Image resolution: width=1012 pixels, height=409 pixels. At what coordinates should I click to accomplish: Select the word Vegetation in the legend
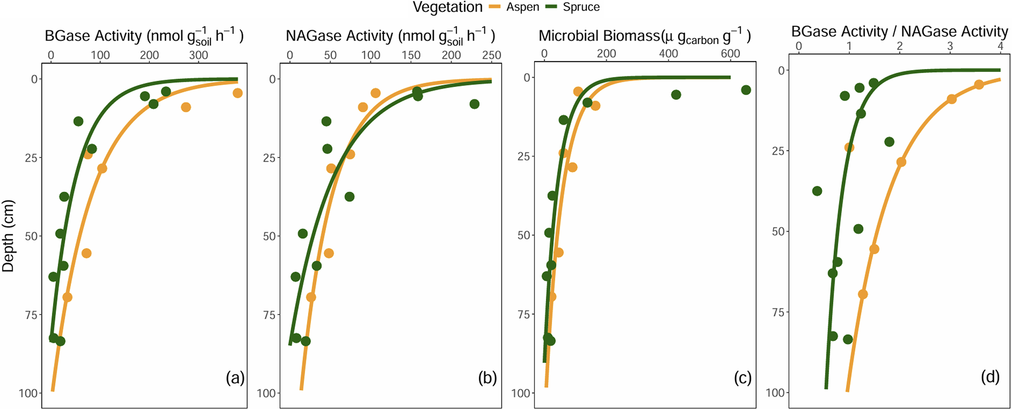coord(447,7)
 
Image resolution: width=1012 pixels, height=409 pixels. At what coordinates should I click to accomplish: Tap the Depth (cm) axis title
coord(8,236)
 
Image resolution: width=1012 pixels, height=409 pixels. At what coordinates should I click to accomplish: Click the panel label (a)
coord(235,378)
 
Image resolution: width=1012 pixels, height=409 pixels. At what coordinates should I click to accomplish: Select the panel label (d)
coord(989,376)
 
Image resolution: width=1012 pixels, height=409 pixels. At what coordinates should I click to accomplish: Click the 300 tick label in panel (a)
coord(199,55)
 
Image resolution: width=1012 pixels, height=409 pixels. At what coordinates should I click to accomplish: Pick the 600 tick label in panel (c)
coord(730,54)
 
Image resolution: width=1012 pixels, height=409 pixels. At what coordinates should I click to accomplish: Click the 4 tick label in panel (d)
coord(1000,46)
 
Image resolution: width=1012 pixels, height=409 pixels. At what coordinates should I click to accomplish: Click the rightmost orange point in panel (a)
coord(237,93)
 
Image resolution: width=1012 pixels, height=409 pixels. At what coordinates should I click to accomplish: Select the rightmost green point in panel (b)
coord(474,104)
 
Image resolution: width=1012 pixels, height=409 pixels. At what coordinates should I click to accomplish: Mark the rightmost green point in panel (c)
coord(746,90)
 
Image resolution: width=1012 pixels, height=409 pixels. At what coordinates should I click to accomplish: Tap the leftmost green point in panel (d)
coord(817,191)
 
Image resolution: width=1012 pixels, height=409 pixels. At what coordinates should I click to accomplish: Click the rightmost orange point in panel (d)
coord(979,85)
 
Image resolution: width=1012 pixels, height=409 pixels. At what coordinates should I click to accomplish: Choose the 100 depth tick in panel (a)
coord(30,393)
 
